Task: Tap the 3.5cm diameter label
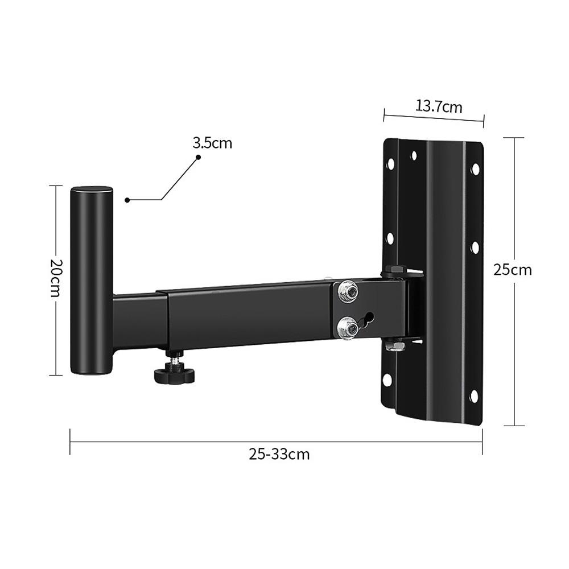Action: coord(212,143)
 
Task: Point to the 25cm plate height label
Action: coord(512,269)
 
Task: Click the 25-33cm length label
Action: coord(279,454)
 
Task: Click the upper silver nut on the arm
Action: coord(347,292)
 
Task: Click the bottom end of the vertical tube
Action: coord(91,370)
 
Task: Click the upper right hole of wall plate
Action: coord(474,169)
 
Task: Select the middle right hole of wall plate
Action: coord(474,247)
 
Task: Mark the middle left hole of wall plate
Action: coord(390,238)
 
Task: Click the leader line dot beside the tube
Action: coord(127,200)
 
